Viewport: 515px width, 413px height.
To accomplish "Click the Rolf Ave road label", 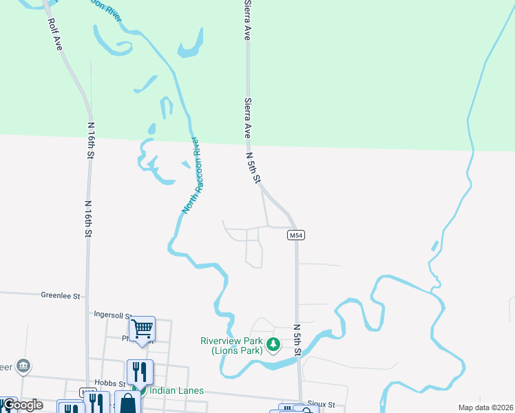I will click(55, 33).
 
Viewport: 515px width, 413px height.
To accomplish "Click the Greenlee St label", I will click(61, 296).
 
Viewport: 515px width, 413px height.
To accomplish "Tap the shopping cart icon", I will click(142, 329).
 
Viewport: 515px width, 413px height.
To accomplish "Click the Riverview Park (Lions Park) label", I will click(232, 346).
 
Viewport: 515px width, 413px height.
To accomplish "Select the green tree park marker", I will click(274, 344).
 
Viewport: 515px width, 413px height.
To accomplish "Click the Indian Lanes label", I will click(176, 390).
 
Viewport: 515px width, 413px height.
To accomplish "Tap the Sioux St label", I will click(322, 405).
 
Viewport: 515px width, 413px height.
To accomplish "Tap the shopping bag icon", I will click(127, 403).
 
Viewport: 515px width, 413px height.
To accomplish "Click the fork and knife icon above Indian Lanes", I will click(140, 372).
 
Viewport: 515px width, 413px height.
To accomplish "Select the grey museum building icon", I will click(23, 365).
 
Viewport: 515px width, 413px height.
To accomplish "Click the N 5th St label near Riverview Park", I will click(297, 340).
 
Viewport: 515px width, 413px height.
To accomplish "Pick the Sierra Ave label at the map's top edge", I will click(246, 21).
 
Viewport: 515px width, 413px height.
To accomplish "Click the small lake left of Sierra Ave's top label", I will click(189, 45).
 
